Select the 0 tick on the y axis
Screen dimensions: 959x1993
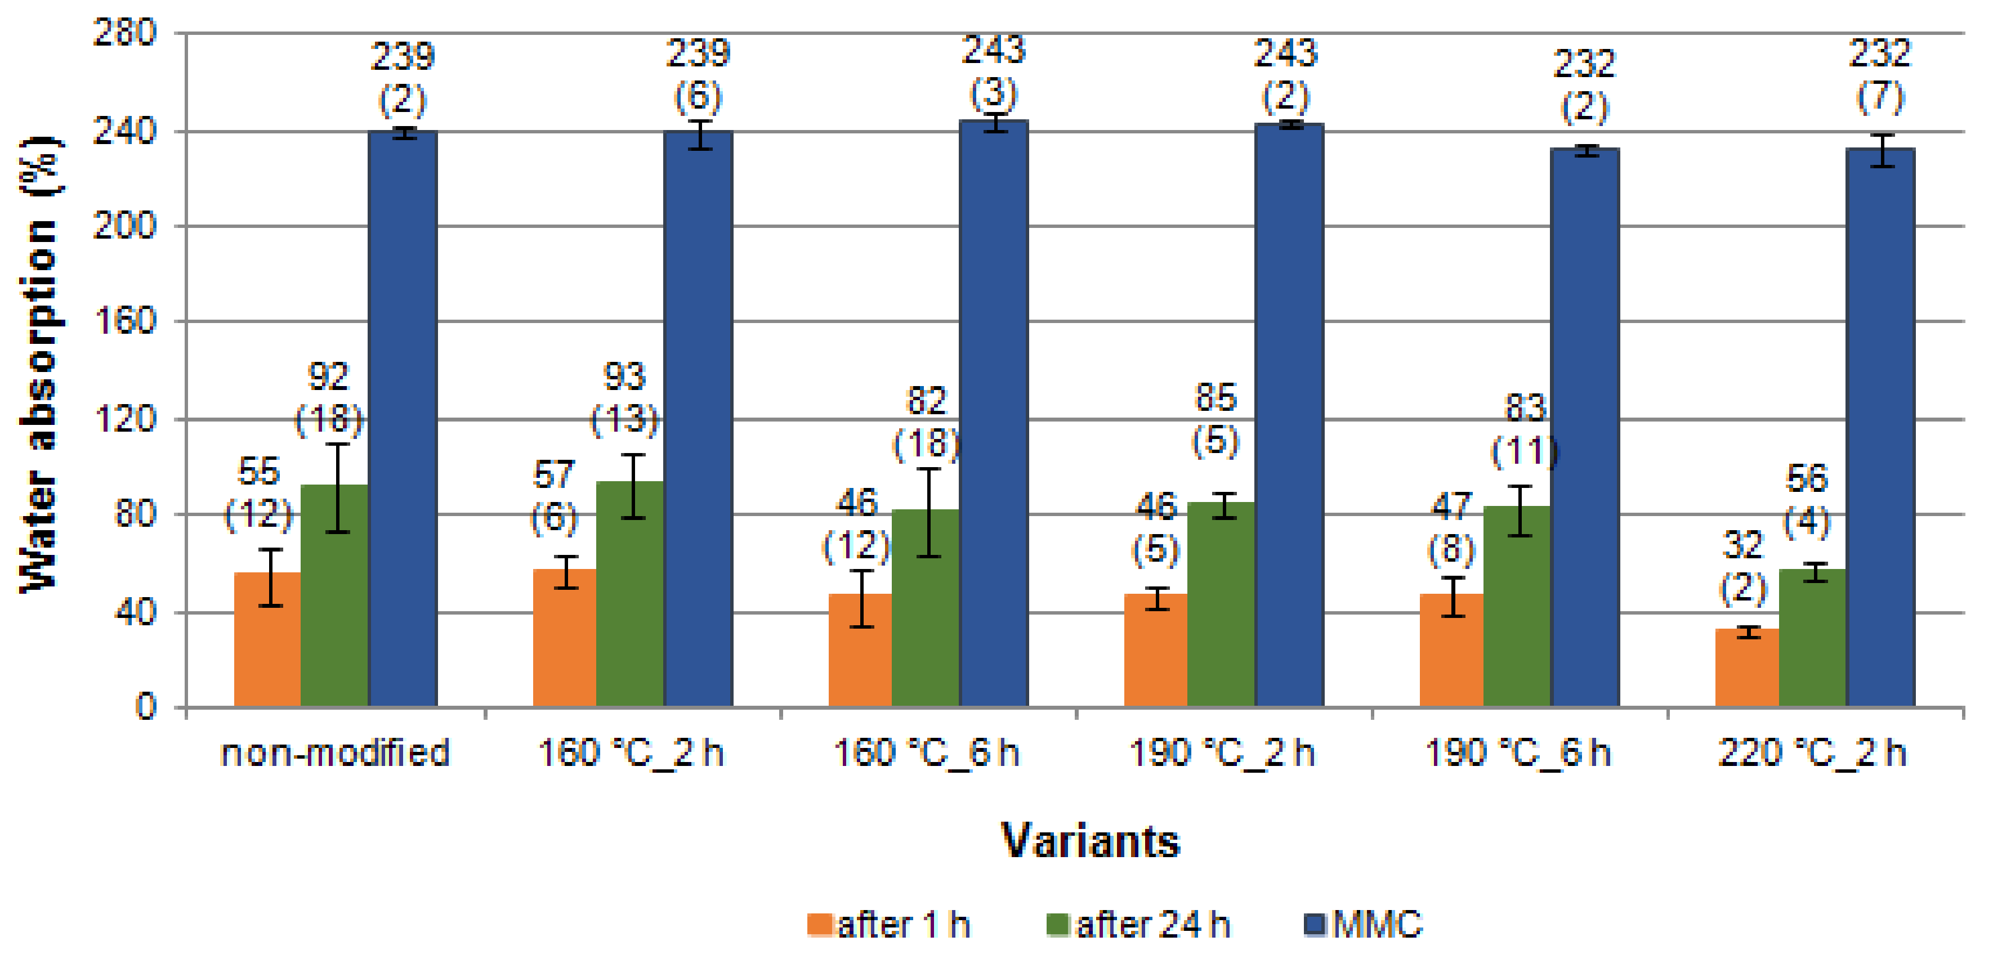point(145,706)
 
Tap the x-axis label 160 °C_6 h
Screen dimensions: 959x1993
point(926,752)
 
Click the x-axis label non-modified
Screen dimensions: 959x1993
point(335,752)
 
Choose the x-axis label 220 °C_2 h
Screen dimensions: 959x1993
point(1812,752)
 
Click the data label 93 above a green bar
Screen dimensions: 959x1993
point(624,377)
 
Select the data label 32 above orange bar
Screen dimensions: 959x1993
point(1742,545)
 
